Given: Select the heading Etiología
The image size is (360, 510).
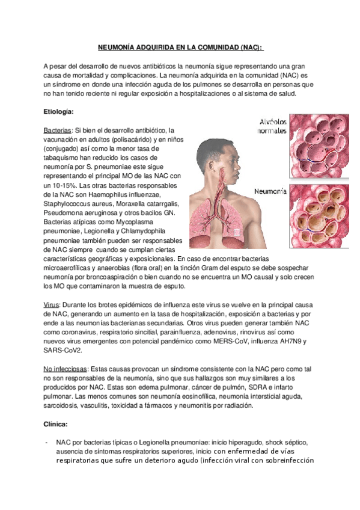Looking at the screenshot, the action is (59, 112).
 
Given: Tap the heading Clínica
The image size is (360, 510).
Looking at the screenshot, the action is (56, 423).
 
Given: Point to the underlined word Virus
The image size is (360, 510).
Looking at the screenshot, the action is (52, 305).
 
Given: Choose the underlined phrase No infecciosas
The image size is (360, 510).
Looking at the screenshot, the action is (66, 369).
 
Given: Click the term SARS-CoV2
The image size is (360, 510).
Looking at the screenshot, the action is (64, 350).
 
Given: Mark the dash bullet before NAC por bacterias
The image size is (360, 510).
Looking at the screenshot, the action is (46, 442).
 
